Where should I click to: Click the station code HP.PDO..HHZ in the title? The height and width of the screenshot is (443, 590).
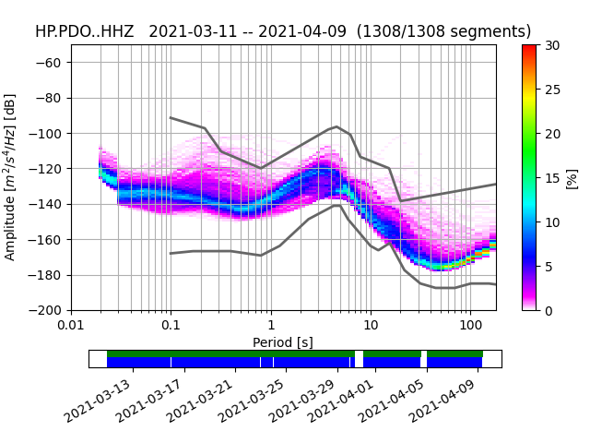pos(85,31)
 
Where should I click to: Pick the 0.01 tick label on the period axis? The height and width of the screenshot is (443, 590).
pos(71,326)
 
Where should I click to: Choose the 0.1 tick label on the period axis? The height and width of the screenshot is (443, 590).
pos(171,326)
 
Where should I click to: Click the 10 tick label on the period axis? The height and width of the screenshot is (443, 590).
pos(371,326)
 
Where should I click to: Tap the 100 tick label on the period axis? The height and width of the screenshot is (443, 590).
pos(470,326)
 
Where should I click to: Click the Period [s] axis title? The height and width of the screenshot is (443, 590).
pos(283,342)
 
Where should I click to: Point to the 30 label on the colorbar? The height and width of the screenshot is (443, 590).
pos(552,45)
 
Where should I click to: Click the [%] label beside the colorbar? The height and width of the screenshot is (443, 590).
pos(572,177)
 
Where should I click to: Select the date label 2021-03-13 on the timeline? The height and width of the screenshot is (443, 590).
pos(100,400)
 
